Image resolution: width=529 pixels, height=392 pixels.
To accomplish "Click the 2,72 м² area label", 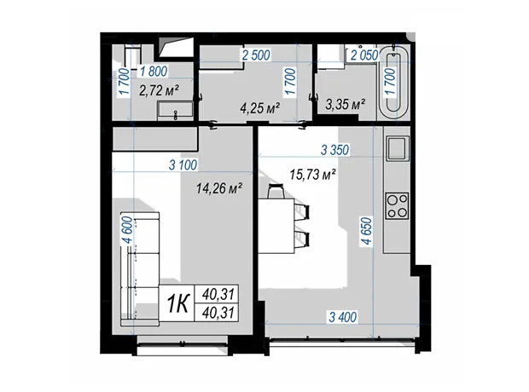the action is point(159,90).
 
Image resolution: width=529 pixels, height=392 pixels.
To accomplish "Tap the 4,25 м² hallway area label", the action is point(259,108).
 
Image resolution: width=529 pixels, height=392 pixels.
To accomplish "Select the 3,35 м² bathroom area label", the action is point(346,104).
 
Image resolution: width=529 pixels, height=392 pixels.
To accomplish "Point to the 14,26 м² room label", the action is point(219,188).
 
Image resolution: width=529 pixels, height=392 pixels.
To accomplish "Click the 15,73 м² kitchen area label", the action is point(312,174).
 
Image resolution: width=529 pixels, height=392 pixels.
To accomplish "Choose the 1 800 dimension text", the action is point(154,72).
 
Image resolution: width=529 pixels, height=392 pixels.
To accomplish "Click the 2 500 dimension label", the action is point(256,55).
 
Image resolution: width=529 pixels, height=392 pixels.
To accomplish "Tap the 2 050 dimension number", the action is point(364,55).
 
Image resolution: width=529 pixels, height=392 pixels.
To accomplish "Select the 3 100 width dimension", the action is point(183,165).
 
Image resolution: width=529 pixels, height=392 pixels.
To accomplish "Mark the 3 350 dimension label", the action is point(334,150).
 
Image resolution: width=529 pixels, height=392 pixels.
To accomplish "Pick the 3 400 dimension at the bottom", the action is point(342,317).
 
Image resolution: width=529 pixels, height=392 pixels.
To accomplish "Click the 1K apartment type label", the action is point(178,303).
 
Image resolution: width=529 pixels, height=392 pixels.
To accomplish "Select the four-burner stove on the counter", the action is point(397,205).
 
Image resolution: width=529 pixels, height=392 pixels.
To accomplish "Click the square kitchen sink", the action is point(398,148).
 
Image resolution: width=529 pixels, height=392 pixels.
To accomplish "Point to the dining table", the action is point(276,226).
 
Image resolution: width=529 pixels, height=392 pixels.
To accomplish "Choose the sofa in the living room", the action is point(140,268).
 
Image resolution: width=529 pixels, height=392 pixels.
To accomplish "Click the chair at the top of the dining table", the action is point(276,191).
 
